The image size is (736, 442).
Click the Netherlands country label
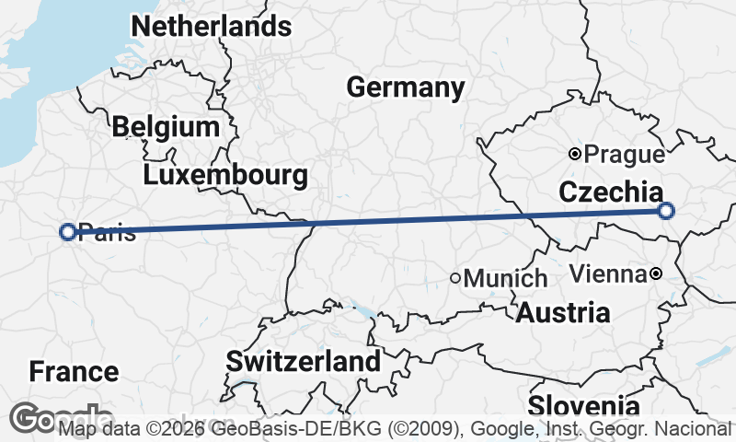212,27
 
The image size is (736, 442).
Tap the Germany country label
406,88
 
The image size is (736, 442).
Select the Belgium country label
166,127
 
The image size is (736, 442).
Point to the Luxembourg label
225,175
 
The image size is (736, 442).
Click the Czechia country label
610,192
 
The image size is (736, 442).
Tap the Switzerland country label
304,361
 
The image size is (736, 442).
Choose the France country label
74,372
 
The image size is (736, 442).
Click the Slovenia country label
583,406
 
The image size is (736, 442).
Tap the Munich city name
506,278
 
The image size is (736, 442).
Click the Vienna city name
607,273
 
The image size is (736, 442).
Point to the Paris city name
108,232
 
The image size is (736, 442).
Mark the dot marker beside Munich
455,277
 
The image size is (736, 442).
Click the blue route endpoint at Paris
67,232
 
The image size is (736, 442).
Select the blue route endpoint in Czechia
667,211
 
